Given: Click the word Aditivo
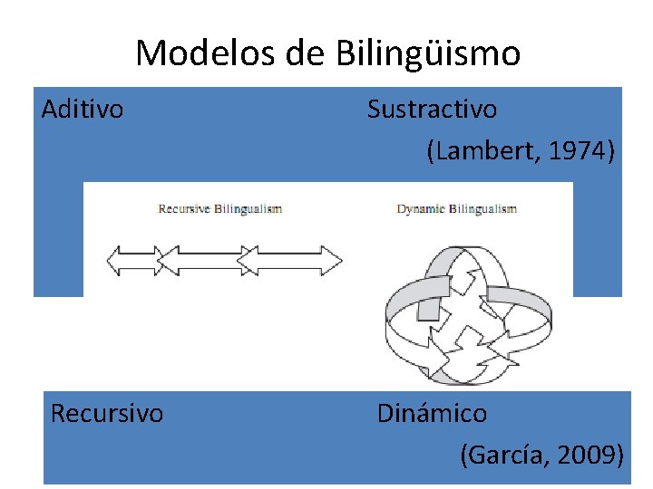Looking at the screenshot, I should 83,110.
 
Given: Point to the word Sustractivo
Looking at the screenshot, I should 432,110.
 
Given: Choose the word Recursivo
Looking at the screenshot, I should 107,414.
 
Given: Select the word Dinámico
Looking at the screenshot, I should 432,414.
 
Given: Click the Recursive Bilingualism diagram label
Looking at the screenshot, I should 220,209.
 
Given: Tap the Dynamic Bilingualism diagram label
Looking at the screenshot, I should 457,209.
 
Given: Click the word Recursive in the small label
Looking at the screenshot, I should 184,209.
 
